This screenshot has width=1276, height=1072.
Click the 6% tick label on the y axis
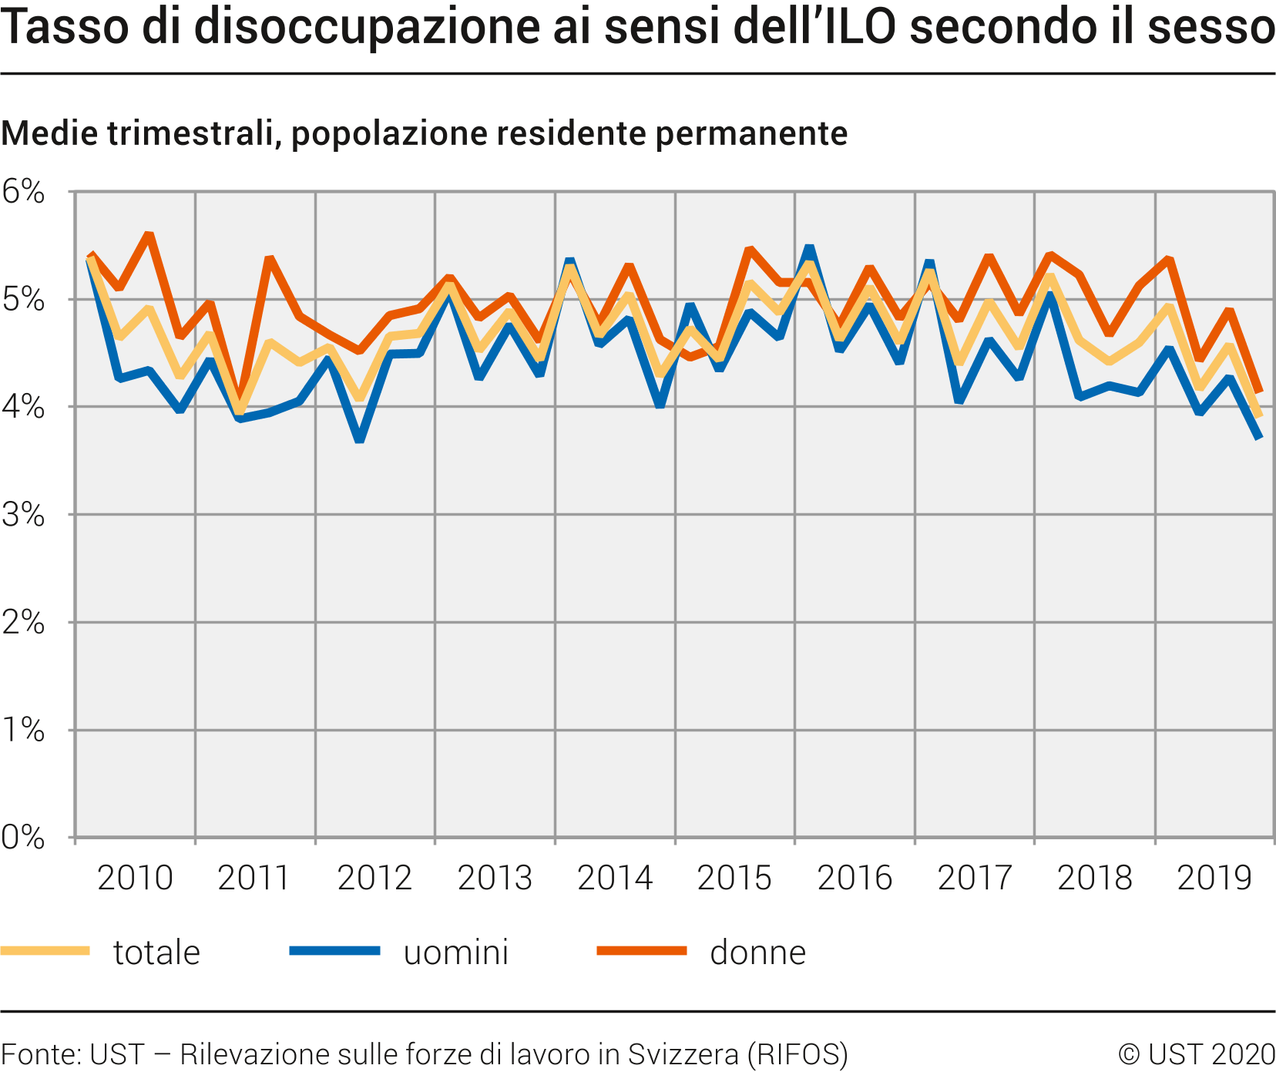pyautogui.click(x=23, y=192)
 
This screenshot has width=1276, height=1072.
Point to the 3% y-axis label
pyautogui.click(x=23, y=515)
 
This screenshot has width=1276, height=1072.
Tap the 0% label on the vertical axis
pyautogui.click(x=23, y=838)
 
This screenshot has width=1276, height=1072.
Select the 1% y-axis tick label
pyautogui.click(x=23, y=730)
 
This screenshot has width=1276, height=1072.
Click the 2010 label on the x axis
pyautogui.click(x=135, y=878)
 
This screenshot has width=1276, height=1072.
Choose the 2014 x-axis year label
pyautogui.click(x=615, y=878)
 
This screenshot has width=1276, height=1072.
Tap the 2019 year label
pyautogui.click(x=1215, y=878)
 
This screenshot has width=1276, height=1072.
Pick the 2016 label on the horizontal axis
pyautogui.click(x=855, y=878)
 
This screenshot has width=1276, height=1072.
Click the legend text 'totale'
pyautogui.click(x=156, y=953)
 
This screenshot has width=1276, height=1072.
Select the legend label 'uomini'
pyautogui.click(x=456, y=953)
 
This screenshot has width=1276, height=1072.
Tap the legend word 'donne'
pyautogui.click(x=757, y=953)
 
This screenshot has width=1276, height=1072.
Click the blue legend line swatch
pyautogui.click(x=334, y=951)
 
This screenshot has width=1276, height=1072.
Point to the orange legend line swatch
pyautogui.click(x=641, y=951)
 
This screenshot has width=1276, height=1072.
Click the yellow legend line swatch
pyautogui.click(x=45, y=951)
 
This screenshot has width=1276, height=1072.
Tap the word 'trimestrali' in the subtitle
pyautogui.click(x=189, y=133)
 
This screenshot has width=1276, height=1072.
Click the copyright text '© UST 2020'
pyautogui.click(x=1197, y=1054)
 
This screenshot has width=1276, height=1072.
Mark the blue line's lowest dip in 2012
pyautogui.click(x=360, y=439)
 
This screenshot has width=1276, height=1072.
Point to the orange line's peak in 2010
pyautogui.click(x=149, y=234)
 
